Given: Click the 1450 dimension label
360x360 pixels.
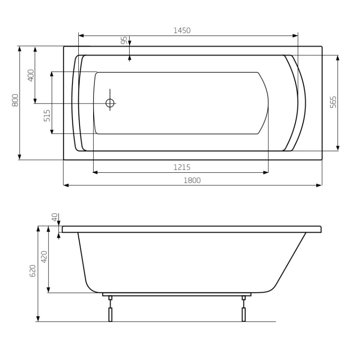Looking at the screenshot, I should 182,31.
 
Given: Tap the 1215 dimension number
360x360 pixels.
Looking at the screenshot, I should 182,167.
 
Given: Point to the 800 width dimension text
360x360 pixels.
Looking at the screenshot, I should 14,100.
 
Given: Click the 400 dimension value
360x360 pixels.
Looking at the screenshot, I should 31,75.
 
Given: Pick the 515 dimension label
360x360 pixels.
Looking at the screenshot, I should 46,116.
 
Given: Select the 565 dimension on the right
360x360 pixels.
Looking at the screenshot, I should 333,103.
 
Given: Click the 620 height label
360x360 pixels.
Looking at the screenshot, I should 32,270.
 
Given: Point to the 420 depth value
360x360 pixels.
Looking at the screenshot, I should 44,256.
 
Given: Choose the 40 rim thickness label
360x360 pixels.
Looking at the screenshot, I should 55,218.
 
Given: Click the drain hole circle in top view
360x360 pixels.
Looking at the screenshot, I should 110,103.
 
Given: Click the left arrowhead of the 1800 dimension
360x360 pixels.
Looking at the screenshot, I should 66,185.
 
